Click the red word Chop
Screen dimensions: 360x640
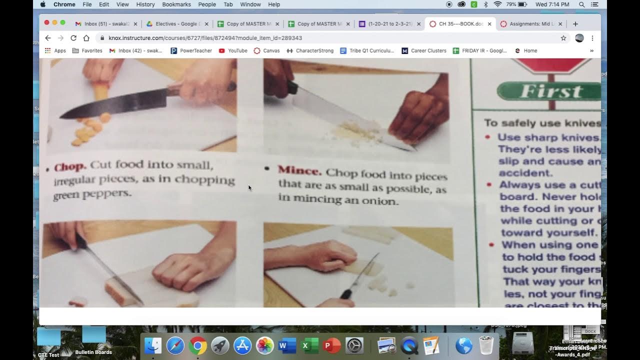coord(70,167)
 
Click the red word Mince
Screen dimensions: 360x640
coord(299,170)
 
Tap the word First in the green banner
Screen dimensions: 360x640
coord(550,91)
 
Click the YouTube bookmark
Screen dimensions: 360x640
coord(233,50)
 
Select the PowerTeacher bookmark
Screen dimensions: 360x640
coord(191,50)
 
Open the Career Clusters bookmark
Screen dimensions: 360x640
coord(424,50)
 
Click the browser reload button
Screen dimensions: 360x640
coord(73,38)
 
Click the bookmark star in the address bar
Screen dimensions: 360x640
coord(563,38)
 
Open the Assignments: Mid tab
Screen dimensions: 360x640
coord(531,23)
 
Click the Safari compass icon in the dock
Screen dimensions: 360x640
coord(175,345)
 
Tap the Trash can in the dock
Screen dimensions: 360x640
coord(486,345)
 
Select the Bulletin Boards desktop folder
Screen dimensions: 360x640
coord(94,340)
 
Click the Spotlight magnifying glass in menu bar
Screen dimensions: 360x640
coord(581,4)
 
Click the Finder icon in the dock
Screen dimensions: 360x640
coord(153,345)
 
